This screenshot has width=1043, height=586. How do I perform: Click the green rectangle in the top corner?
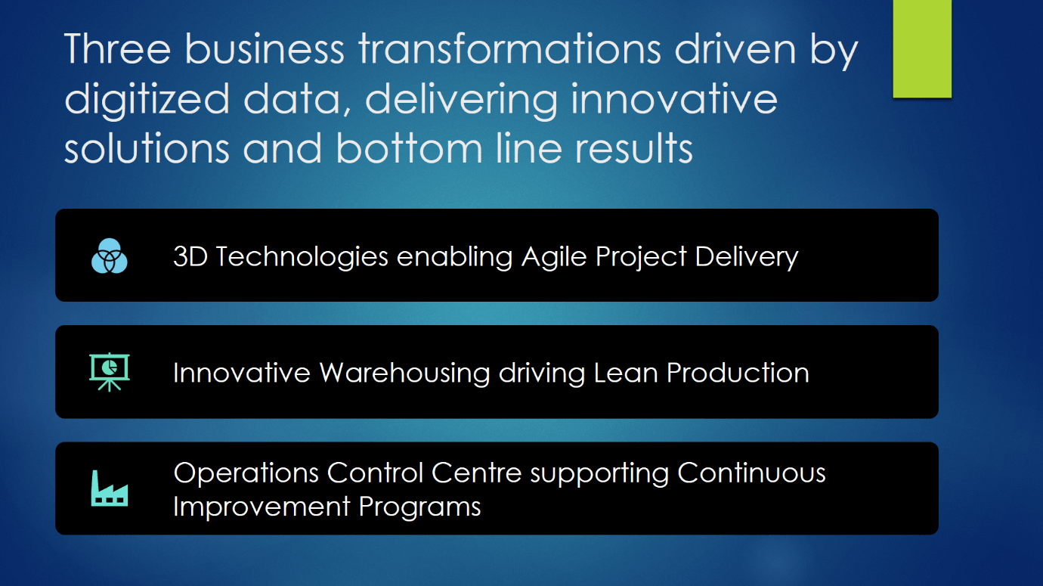922,48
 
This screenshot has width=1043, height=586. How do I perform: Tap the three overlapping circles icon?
110,256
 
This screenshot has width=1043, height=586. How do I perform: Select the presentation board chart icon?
110,372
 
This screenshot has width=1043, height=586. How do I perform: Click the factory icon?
110,488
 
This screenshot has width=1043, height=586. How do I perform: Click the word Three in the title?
117,49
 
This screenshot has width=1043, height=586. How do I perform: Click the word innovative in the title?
674,99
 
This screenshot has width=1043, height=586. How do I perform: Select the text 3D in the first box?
190,256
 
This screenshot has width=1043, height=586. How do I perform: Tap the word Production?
738,373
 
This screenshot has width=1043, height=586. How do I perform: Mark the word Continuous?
751,473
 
